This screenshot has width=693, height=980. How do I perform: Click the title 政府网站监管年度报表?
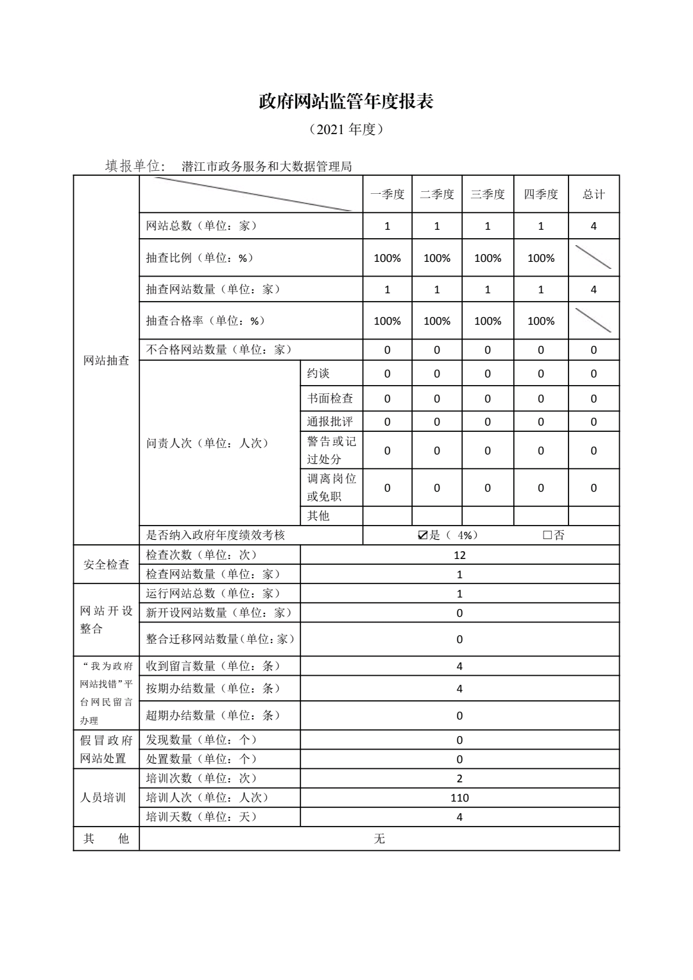click(x=346, y=101)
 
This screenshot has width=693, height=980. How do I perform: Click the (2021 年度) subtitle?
click(x=346, y=130)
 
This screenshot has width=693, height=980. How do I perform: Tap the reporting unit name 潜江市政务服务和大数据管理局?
click(x=267, y=167)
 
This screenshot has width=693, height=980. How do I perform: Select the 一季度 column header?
click(x=387, y=194)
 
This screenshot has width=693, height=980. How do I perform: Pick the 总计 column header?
click(x=594, y=194)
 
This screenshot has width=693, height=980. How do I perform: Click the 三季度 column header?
click(x=487, y=194)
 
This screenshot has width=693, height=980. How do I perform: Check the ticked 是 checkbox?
click(x=422, y=535)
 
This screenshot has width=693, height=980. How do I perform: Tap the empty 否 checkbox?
click(x=547, y=535)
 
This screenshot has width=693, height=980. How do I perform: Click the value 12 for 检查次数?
click(x=459, y=555)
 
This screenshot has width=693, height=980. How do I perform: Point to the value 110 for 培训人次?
click(x=459, y=798)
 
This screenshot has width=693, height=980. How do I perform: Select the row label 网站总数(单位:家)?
click(x=201, y=226)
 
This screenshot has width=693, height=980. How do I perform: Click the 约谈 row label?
click(x=318, y=374)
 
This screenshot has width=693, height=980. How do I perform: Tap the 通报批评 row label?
click(x=330, y=422)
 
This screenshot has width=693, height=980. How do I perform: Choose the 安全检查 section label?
click(x=107, y=565)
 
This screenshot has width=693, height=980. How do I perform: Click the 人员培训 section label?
click(x=103, y=798)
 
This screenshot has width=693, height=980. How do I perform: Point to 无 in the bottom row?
click(x=379, y=839)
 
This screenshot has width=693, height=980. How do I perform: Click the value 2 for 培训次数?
click(x=459, y=778)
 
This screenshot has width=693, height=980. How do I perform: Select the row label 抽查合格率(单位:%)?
click(x=205, y=321)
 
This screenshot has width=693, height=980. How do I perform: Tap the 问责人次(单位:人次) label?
click(x=207, y=443)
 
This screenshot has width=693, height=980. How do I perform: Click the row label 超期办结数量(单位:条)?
click(x=213, y=715)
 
